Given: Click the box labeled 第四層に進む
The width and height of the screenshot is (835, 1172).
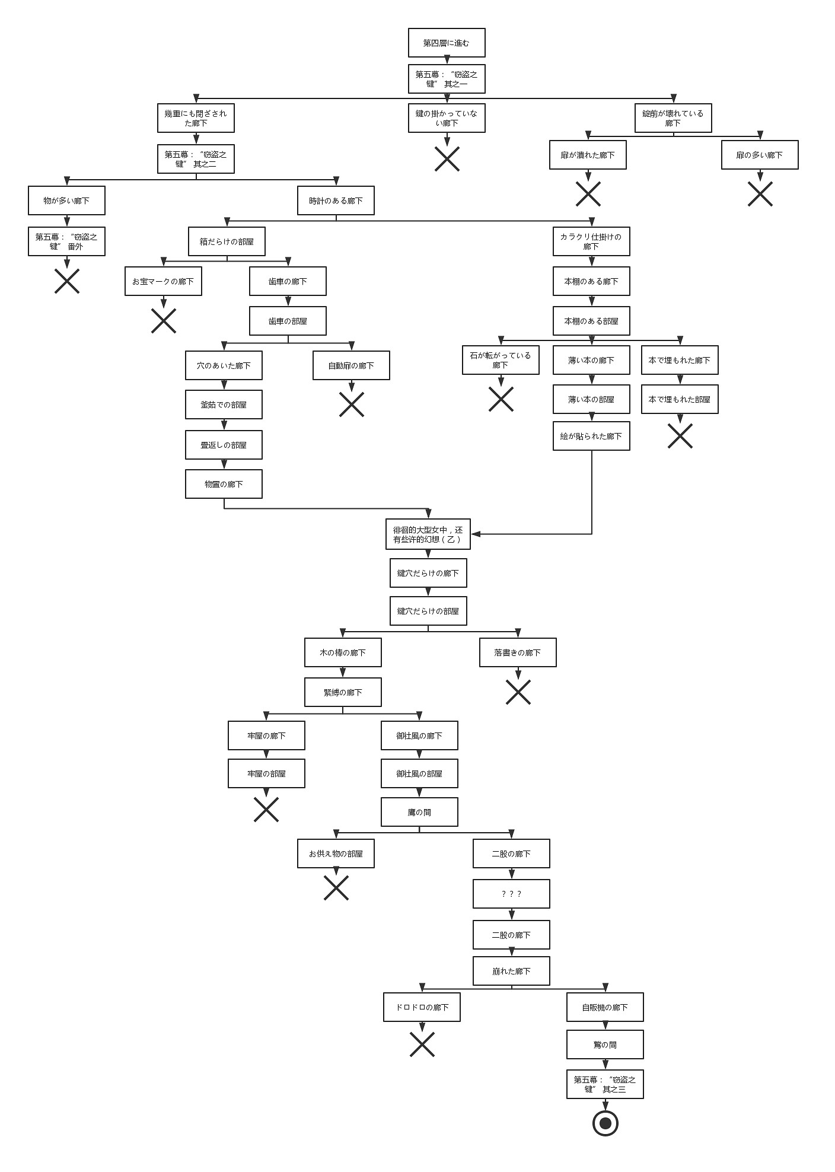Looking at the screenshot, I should [x=447, y=43].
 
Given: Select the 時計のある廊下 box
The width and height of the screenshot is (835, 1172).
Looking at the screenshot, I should [x=336, y=201].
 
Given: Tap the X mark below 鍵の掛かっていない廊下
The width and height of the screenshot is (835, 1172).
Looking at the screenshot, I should [x=447, y=159].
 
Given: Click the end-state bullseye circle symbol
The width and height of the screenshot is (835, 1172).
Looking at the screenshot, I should [x=605, y=1123].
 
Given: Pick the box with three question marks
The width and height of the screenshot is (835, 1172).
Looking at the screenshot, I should [x=511, y=894].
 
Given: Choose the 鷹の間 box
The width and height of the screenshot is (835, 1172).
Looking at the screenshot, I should [x=419, y=812].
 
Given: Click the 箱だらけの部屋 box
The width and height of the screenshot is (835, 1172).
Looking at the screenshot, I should [x=227, y=241].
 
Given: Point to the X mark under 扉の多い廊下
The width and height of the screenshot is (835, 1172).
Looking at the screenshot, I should [x=760, y=194].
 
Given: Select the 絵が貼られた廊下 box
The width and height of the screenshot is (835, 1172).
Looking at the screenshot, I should [x=591, y=436].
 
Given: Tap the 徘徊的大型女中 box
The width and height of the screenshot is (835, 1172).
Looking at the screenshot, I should [x=428, y=534].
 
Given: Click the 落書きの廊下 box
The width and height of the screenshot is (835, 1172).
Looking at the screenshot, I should [x=518, y=652].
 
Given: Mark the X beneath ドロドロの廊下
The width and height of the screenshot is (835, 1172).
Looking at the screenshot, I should [x=422, y=1044].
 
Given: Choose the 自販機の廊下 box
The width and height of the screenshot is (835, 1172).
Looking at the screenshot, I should [x=605, y=1007].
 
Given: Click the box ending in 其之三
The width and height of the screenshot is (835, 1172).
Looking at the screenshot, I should [x=605, y=1084].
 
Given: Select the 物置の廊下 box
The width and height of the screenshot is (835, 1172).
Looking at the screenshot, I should [x=224, y=484].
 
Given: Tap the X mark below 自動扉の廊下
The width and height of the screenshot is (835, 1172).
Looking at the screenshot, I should [x=351, y=405].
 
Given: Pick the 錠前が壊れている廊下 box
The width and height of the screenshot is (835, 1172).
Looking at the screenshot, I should [x=673, y=119].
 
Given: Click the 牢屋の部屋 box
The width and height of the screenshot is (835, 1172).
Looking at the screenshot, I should [x=266, y=773].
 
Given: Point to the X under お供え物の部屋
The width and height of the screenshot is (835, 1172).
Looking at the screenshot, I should [x=336, y=888].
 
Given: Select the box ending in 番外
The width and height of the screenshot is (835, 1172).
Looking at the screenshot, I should [x=66, y=241].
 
